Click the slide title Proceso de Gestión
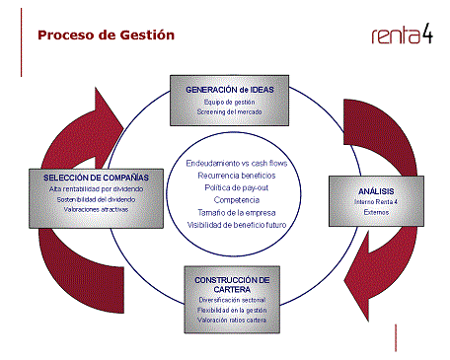click(106, 36)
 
